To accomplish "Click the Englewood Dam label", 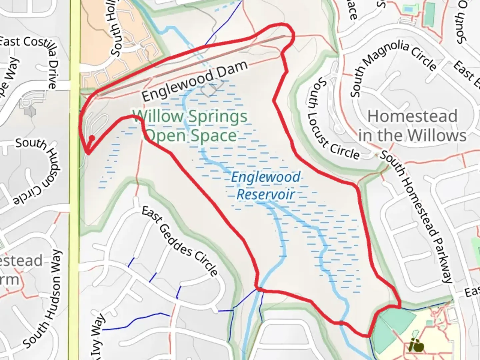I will pos(195,81).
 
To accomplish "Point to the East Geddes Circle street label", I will pos(180,241).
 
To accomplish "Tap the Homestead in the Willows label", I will pos(413,126).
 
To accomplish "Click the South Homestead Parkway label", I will pos(417,217).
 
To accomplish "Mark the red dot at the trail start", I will pos(92,138).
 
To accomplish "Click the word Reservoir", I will pos(266,194).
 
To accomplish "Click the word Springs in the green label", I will pos(218,117).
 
